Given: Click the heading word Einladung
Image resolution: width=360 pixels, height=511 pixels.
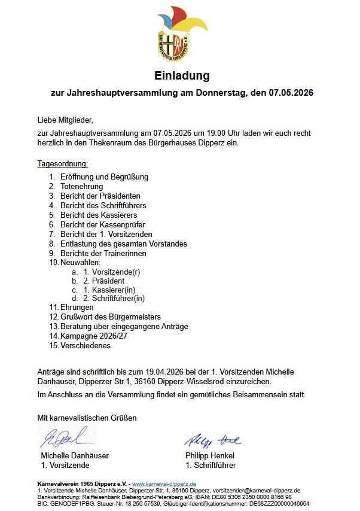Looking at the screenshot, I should tap(182, 76).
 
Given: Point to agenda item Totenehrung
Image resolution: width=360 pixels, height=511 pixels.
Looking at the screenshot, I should tap(81, 187).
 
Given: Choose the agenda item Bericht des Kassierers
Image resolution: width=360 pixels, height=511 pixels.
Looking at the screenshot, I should tap(99, 215).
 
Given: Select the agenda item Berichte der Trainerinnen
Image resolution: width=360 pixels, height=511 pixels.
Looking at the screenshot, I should tap(103, 253).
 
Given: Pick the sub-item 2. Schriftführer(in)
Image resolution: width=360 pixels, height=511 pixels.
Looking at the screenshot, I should tap(114, 298).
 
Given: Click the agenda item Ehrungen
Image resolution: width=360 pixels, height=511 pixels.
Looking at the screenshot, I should tap(77, 308).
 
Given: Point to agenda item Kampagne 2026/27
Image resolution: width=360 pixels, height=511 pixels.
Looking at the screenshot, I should tap(93, 336).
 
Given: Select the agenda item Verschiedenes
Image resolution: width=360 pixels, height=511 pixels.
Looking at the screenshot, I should tap(85, 345).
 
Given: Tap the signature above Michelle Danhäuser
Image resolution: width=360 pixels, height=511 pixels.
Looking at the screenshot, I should tap(66, 437).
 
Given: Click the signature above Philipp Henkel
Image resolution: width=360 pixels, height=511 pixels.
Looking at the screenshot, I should tap(212, 440).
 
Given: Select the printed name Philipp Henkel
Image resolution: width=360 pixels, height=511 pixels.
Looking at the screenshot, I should tap(210, 455).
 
